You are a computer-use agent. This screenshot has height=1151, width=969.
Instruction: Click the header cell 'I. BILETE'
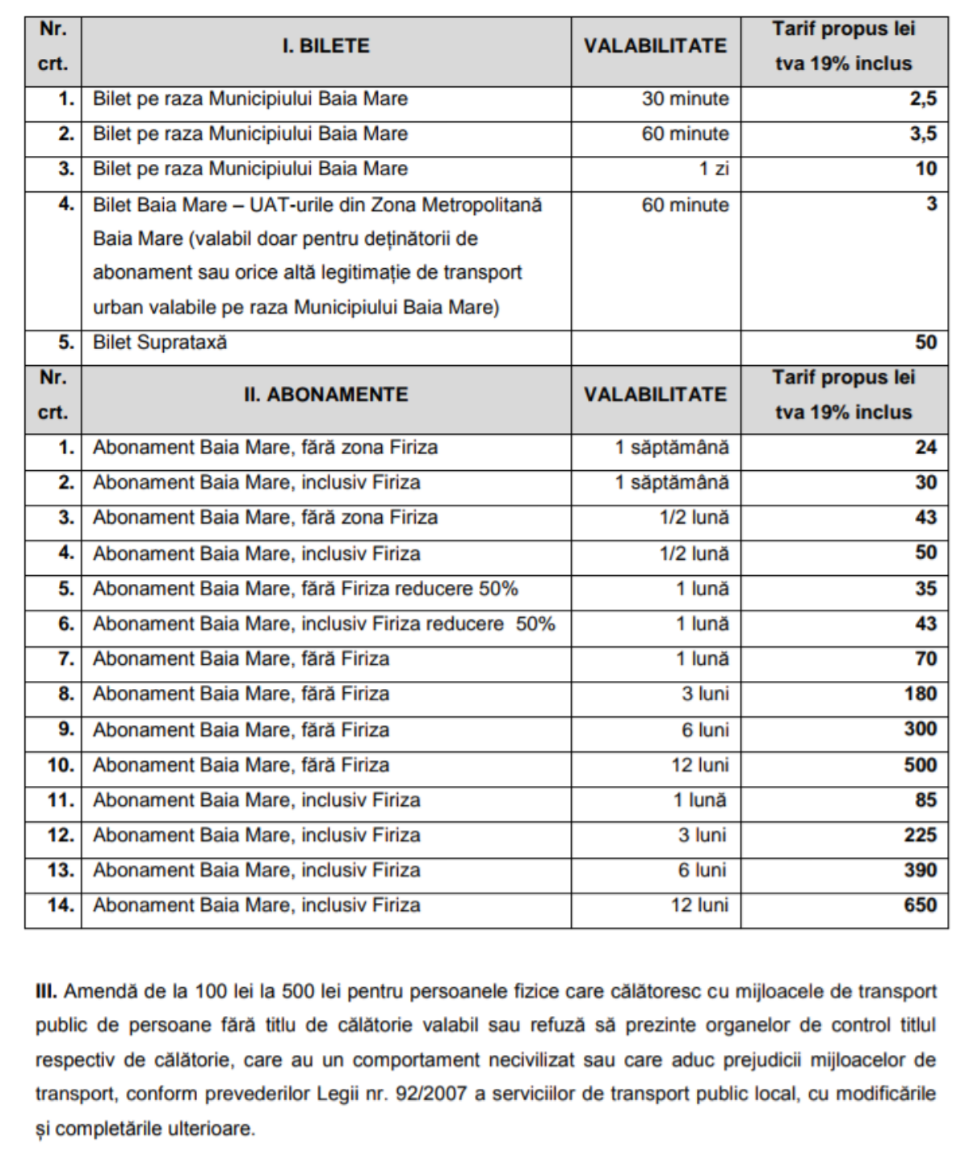tap(325, 46)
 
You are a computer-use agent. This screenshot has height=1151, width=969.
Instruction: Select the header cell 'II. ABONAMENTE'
tap(325, 395)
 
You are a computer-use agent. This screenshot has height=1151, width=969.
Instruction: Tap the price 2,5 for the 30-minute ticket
tap(923, 99)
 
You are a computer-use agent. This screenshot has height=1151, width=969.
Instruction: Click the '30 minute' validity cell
tap(685, 99)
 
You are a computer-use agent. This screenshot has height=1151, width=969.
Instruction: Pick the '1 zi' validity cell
tap(714, 169)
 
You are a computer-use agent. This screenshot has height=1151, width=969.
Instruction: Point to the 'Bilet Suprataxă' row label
tap(160, 342)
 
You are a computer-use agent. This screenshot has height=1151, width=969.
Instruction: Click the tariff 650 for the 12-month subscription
tap(920, 905)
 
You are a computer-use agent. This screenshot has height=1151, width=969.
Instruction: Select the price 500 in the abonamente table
tap(920, 765)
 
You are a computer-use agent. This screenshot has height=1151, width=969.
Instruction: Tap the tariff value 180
tap(920, 694)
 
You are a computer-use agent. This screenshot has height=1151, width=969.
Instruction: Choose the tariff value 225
tap(920, 835)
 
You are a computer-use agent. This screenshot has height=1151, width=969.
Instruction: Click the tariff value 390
tap(920, 870)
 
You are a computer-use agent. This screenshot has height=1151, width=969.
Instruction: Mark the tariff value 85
tap(925, 800)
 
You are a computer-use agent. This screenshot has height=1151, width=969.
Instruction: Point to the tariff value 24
tap(925, 447)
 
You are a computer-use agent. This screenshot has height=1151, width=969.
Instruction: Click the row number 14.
tap(61, 905)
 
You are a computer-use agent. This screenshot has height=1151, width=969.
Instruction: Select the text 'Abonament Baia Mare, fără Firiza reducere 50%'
tap(305, 589)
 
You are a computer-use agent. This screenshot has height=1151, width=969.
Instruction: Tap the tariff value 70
tap(925, 659)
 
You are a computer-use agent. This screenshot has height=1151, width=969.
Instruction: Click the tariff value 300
tap(920, 729)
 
